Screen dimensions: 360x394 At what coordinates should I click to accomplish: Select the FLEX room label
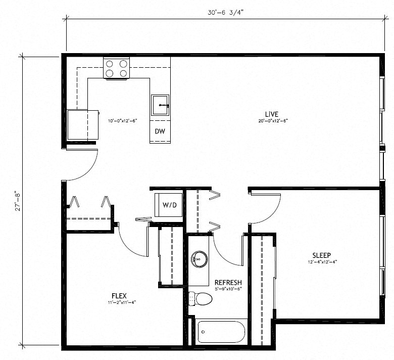pyautogui.click(x=119, y=295)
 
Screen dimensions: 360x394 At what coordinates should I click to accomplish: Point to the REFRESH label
pyautogui.click(x=228, y=282)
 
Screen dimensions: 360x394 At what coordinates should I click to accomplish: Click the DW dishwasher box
pyautogui.click(x=160, y=131)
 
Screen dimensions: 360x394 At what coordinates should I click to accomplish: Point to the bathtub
pyautogui.click(x=221, y=333)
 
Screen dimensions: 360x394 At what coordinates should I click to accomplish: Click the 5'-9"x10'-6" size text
pyautogui.click(x=228, y=289)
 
